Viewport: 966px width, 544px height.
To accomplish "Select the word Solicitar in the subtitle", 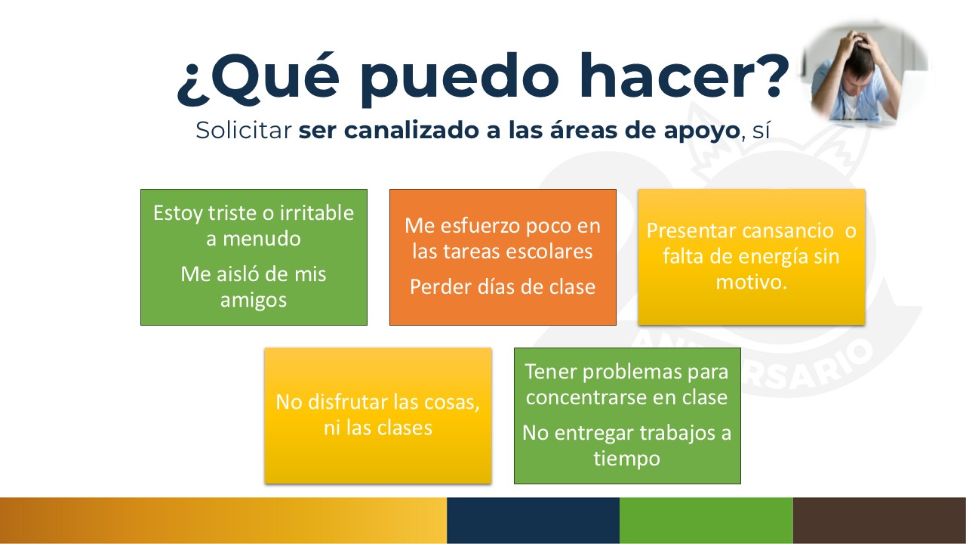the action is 244,130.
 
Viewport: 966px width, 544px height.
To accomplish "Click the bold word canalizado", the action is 411,130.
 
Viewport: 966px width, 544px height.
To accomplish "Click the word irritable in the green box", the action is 317,213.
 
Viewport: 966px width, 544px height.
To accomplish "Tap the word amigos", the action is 254,300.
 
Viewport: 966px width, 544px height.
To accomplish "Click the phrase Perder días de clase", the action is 503,286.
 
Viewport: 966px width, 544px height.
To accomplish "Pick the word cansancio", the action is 787,231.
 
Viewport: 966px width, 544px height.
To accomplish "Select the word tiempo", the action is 627,459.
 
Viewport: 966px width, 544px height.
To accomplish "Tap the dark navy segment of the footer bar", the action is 533,521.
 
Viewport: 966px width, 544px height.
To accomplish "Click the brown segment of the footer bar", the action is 879,521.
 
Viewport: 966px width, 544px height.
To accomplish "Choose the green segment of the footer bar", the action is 706,521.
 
